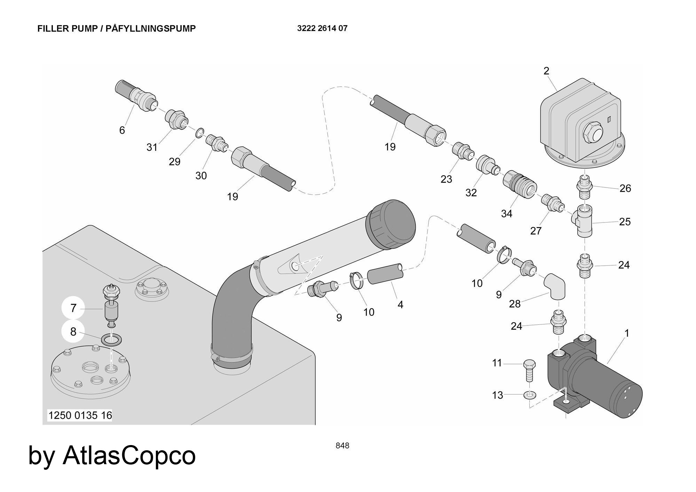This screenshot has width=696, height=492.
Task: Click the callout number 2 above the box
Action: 546,71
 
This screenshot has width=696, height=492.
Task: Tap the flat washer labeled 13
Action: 530,395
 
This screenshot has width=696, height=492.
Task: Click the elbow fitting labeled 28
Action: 556,287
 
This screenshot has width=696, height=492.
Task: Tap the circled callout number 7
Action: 73,308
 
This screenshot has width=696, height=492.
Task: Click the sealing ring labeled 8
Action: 111,339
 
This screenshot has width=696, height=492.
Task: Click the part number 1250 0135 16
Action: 80,415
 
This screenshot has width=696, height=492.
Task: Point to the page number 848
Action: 342,445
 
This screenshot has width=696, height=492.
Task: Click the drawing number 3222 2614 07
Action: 322,29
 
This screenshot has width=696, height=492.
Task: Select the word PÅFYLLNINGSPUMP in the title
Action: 150,29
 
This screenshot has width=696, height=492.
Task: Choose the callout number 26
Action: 625,188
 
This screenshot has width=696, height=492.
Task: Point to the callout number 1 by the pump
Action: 627,333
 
